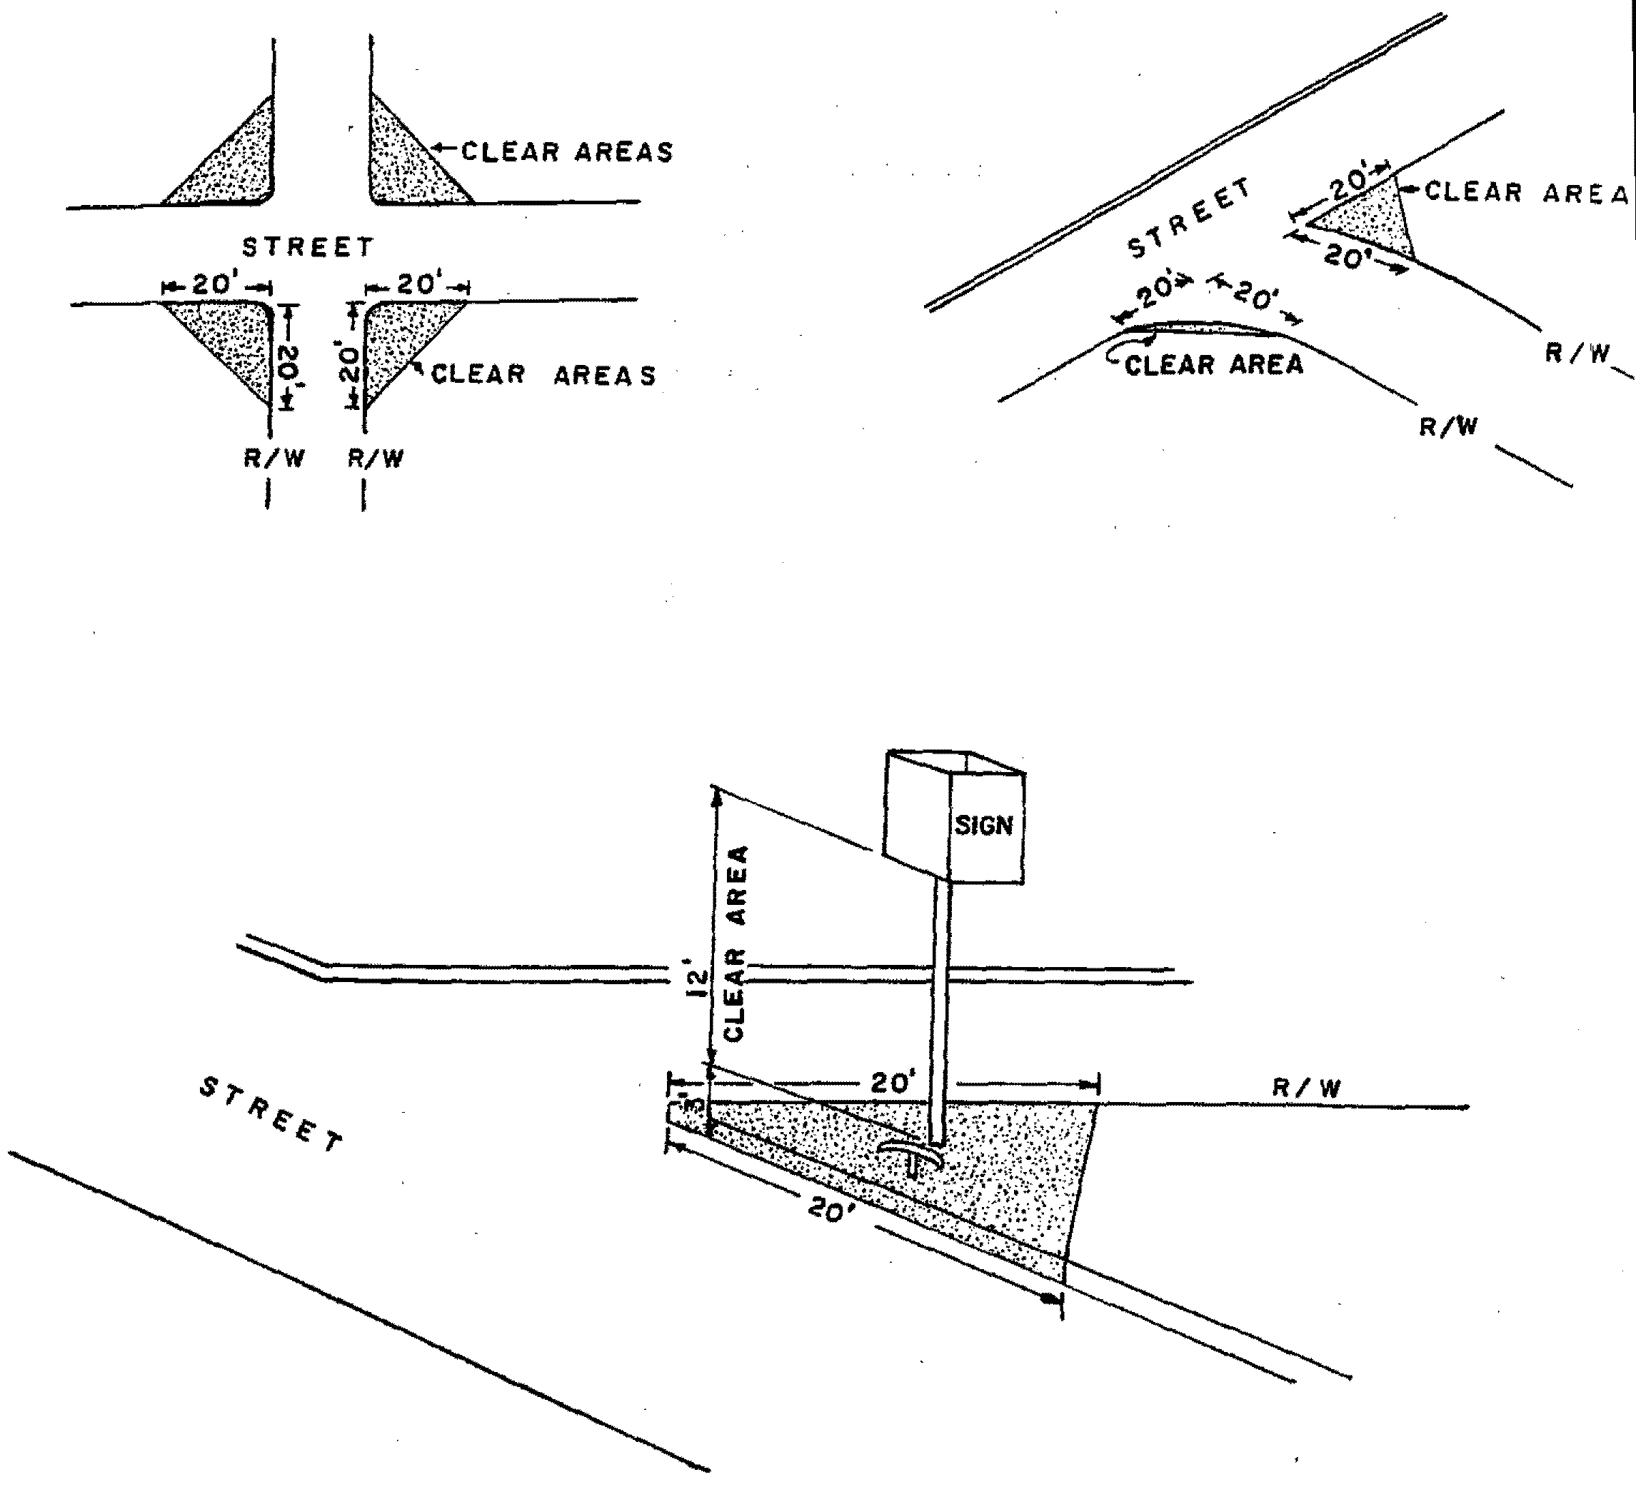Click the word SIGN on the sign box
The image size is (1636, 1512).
tap(983, 826)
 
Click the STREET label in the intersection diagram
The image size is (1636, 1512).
tap(308, 246)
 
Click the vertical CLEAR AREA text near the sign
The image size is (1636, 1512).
tap(736, 943)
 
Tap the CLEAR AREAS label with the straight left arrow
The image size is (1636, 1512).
tap(567, 151)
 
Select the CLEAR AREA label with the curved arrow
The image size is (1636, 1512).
tap(1214, 364)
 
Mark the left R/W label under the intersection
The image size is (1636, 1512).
tap(274, 459)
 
